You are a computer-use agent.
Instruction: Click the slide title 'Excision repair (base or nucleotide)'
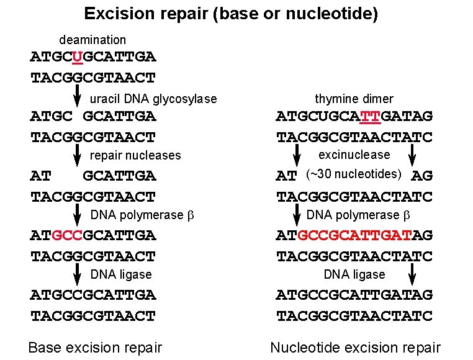(x=231, y=14)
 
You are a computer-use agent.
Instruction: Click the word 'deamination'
(x=92, y=40)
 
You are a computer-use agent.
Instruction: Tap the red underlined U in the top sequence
(x=77, y=57)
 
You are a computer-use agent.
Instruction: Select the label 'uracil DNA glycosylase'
(x=153, y=99)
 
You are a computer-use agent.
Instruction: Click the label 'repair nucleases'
(x=135, y=155)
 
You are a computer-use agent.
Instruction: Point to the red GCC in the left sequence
(x=66, y=236)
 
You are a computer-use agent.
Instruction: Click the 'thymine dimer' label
(x=354, y=99)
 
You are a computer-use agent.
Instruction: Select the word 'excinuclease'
(x=354, y=155)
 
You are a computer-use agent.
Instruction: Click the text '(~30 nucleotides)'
(x=354, y=174)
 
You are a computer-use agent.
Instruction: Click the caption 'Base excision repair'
(x=95, y=348)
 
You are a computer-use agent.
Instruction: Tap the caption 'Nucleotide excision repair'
(x=355, y=348)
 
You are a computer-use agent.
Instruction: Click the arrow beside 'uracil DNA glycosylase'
(x=78, y=96)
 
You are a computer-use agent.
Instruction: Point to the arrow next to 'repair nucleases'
(x=78, y=155)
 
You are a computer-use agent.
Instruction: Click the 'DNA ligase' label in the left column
(x=121, y=274)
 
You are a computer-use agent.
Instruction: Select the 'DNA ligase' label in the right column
(x=354, y=274)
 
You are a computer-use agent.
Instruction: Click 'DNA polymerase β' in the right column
(x=358, y=215)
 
